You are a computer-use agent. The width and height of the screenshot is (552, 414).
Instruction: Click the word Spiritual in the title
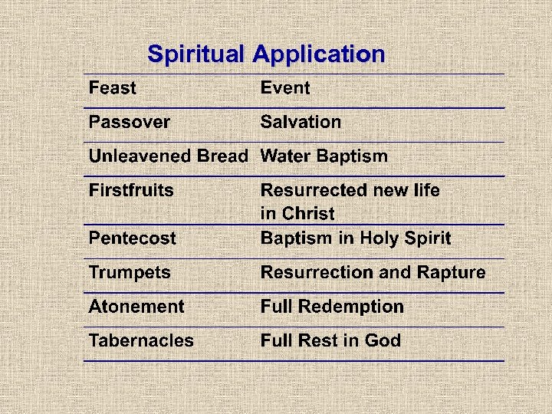pyautogui.click(x=195, y=54)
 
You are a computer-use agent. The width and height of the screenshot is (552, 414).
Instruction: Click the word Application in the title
pyautogui.click(x=318, y=55)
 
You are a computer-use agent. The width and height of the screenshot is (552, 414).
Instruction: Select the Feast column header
pyautogui.click(x=112, y=88)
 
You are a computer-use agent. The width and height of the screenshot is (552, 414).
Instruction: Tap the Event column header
pyautogui.click(x=285, y=88)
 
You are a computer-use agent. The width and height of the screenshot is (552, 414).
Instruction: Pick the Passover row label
pyautogui.click(x=130, y=122)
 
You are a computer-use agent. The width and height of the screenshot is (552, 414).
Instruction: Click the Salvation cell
pyautogui.click(x=301, y=122)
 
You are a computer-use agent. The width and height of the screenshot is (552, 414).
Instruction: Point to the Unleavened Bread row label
pyautogui.click(x=168, y=156)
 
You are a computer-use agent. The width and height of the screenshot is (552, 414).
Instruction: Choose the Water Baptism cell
pyautogui.click(x=324, y=156)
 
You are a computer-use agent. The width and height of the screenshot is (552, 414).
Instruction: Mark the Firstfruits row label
pyautogui.click(x=131, y=190)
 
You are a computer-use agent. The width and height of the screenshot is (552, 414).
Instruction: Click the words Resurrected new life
pyautogui.click(x=350, y=190)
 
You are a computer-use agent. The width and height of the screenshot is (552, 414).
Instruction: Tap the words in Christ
pyautogui.click(x=297, y=213)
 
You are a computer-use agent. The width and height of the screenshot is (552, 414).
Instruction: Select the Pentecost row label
pyautogui.click(x=132, y=238)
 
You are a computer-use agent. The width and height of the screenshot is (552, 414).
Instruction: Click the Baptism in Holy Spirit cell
pyautogui.click(x=356, y=238)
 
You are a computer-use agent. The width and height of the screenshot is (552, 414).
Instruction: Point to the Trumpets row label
pyautogui.click(x=130, y=272)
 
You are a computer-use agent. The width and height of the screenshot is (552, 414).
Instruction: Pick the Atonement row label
pyautogui.click(x=136, y=307)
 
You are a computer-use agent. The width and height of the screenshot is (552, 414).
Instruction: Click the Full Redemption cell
pyautogui.click(x=332, y=307)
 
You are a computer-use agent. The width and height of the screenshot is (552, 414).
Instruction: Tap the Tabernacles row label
pyautogui.click(x=141, y=340)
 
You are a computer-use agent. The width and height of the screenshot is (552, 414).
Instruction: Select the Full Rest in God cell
pyautogui.click(x=330, y=340)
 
